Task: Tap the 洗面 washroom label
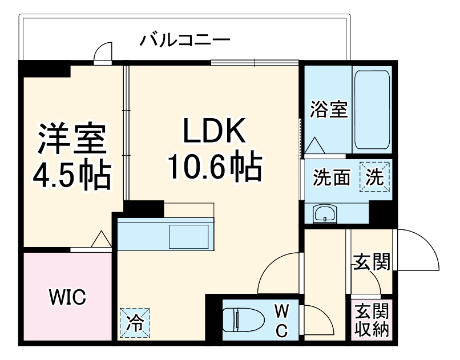(x=330, y=178)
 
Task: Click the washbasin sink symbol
(x=325, y=215)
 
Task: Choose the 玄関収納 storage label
(x=372, y=321)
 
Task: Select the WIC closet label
(x=67, y=297)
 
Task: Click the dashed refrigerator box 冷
(x=135, y=322)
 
